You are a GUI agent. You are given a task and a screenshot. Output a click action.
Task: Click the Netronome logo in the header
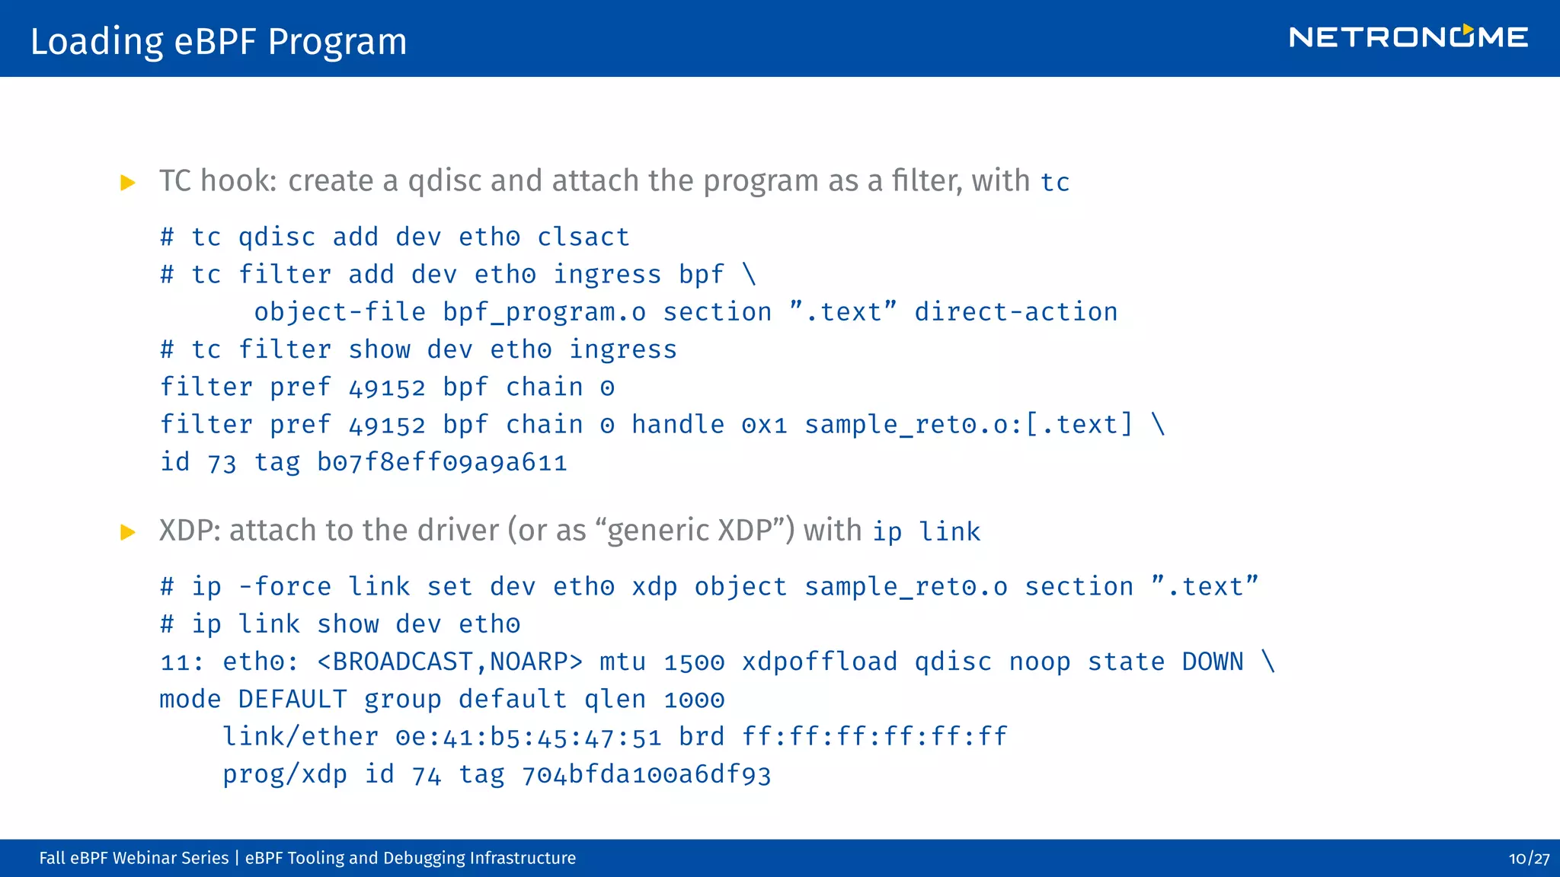coord(1408,37)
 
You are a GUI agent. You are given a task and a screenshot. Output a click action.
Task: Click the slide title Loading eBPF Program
coord(219,41)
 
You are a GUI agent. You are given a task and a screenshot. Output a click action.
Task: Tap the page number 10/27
coord(1528,859)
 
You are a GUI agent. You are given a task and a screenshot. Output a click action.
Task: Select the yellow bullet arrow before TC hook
coord(128,183)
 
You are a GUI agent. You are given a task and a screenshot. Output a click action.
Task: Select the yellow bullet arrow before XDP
coord(128,532)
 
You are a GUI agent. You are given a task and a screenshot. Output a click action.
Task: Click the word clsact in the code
coord(583,238)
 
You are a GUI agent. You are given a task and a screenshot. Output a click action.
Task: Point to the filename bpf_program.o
coord(544,312)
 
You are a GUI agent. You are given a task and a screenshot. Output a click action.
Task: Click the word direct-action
coord(1015,312)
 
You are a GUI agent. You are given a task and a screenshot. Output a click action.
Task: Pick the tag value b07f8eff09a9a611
coord(442,462)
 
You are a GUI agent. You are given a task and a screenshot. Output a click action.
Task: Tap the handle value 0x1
coord(764,425)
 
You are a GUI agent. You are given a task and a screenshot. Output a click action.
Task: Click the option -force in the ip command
coord(285,587)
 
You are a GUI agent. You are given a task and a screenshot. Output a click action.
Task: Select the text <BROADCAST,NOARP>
coord(449,662)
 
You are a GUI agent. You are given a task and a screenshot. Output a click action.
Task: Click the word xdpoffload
coord(820,662)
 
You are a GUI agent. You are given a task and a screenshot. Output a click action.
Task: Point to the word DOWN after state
coord(1212,662)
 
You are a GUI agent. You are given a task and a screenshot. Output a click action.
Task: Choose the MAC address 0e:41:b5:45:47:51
coord(528,737)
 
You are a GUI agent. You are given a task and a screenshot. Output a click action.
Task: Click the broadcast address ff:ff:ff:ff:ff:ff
coord(874,737)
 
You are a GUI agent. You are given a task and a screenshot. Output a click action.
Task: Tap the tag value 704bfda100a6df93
coord(646,775)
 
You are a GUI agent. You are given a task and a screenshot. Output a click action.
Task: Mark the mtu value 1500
coord(693,662)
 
